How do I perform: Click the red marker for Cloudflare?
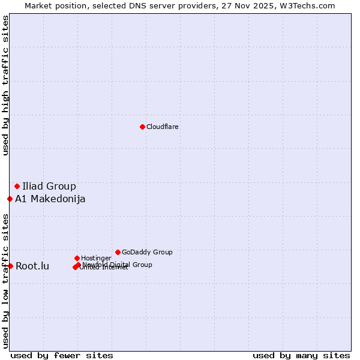tap(142, 127)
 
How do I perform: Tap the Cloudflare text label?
tap(162, 127)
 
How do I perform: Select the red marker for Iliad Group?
tap(17, 186)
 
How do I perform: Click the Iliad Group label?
tap(49, 186)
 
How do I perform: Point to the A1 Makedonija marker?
tap(10, 199)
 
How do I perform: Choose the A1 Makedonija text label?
tap(50, 199)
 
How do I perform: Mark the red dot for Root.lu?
tap(10, 266)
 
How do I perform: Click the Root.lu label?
tap(32, 266)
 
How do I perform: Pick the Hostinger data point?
tap(77, 258)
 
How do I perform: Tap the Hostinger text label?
tap(96, 258)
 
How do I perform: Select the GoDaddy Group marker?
tap(118, 252)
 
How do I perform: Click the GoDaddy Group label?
tap(147, 252)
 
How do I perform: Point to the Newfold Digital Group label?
tap(118, 264)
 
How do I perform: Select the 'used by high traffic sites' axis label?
tap(6, 85)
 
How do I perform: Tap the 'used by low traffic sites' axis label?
tap(6, 280)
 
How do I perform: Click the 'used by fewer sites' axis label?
tap(62, 355)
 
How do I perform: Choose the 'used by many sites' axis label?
tap(301, 355)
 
